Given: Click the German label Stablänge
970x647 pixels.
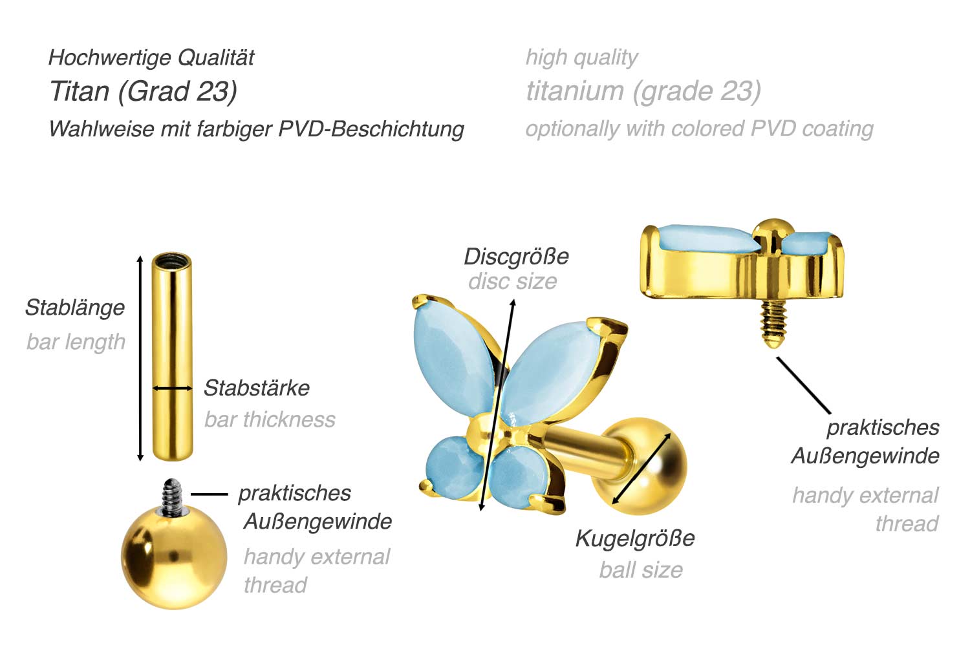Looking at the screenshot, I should (x=74, y=308).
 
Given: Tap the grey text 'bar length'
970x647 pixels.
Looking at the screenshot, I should (x=76, y=341).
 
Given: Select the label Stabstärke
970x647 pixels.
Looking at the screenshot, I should (x=256, y=388).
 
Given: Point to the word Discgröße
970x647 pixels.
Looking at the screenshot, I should (x=516, y=257).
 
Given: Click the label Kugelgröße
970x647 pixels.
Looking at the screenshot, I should (x=634, y=538).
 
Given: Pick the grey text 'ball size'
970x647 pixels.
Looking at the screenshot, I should (x=640, y=569).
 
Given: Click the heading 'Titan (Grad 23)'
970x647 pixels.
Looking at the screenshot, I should (x=143, y=91).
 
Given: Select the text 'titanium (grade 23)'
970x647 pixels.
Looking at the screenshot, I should (x=643, y=91).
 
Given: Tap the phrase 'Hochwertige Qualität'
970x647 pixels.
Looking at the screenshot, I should (x=151, y=58).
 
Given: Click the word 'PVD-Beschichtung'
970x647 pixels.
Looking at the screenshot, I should (x=371, y=129).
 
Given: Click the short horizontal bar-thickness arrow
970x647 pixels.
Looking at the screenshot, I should (x=172, y=388).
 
